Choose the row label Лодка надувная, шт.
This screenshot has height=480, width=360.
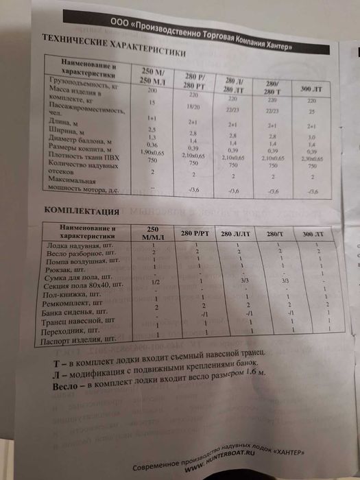tap(75, 245)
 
